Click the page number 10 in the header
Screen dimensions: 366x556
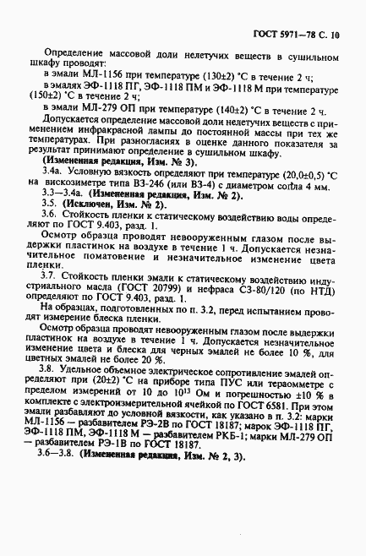point(335,37)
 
